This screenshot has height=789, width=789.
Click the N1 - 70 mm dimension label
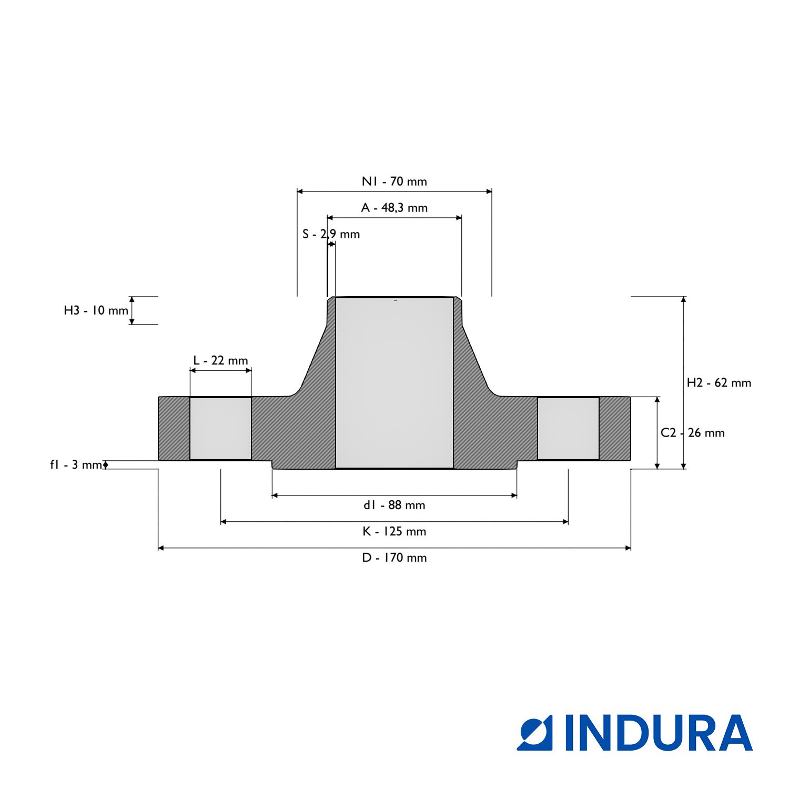click(x=394, y=181)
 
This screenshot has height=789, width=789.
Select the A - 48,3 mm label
click(x=394, y=208)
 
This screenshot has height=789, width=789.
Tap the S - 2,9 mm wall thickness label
click(x=331, y=234)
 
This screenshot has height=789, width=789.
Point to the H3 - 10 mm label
click(x=96, y=310)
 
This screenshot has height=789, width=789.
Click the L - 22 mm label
click(x=220, y=360)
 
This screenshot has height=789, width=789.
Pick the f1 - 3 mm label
click(x=76, y=464)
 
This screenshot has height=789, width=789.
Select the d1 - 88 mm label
click(x=394, y=505)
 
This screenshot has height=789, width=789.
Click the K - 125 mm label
click(x=394, y=531)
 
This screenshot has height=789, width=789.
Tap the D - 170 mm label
click(x=394, y=558)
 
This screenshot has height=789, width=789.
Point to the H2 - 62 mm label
click(x=719, y=383)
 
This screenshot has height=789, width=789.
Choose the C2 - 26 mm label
click(x=692, y=433)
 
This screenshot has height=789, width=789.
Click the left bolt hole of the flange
click(x=220, y=428)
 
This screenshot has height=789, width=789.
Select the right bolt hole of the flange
click(x=568, y=428)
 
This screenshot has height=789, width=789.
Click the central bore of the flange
click(x=394, y=382)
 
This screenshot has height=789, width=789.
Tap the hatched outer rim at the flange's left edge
click(x=174, y=428)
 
